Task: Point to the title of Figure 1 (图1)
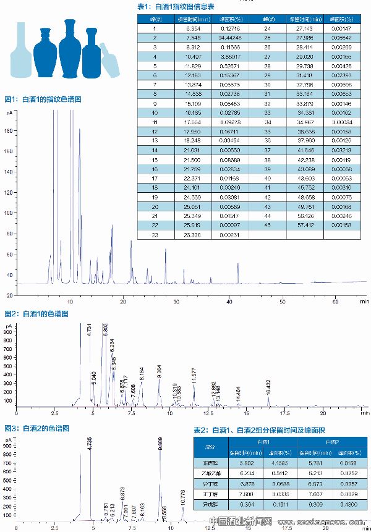pyautogui.click(x=43, y=99)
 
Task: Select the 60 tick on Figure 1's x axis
pyautogui.click(x=336, y=302)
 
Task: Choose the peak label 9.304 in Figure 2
pyautogui.click(x=160, y=371)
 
